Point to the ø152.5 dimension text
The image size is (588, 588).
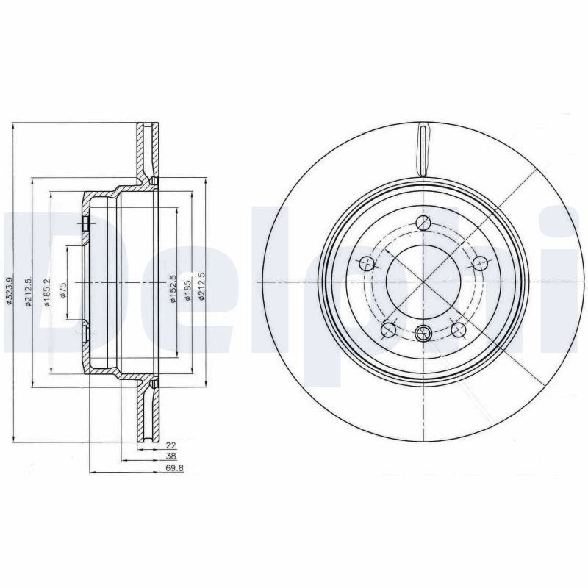pyautogui.click(x=173, y=289)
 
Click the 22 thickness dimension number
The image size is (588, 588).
pyautogui.click(x=171, y=446)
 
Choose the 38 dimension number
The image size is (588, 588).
pyautogui.click(x=171, y=456)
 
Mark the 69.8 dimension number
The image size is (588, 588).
pyautogui.click(x=174, y=467)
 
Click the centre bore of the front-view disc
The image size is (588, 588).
pyautogui.click(x=423, y=282)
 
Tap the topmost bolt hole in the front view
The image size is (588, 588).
pyautogui.click(x=423, y=223)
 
